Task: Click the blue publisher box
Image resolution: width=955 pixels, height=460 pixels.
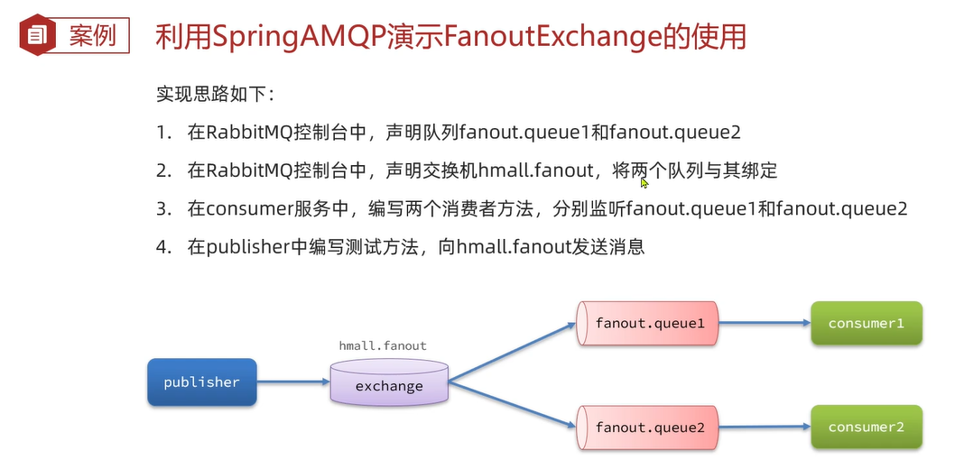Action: (202, 382)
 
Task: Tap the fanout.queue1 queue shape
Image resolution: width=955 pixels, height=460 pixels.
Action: (647, 323)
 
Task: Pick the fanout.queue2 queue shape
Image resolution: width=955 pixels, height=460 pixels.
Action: (647, 427)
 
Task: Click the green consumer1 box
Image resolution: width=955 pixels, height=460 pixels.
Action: (866, 323)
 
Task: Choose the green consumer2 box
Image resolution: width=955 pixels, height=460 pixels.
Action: (866, 427)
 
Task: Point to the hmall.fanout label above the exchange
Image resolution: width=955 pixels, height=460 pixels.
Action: (383, 345)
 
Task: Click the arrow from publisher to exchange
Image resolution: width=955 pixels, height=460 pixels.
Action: (292, 382)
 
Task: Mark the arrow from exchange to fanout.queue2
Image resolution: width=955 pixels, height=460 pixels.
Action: (512, 402)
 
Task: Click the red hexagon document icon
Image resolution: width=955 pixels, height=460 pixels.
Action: (37, 37)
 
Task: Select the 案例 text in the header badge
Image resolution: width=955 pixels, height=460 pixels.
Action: (92, 37)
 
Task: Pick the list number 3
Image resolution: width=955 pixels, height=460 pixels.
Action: (162, 208)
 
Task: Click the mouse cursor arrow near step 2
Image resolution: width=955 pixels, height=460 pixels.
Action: (644, 182)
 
